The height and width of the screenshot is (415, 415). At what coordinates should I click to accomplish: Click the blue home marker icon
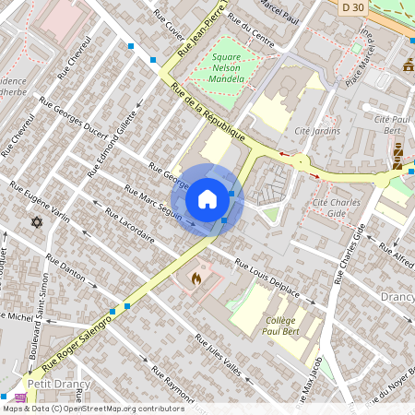207,199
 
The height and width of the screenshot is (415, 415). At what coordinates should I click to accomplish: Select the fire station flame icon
196,276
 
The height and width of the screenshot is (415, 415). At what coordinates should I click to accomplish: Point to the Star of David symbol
37,223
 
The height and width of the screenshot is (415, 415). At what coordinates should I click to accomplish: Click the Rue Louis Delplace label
267,278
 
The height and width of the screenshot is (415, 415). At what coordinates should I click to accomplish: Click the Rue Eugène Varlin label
40,202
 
